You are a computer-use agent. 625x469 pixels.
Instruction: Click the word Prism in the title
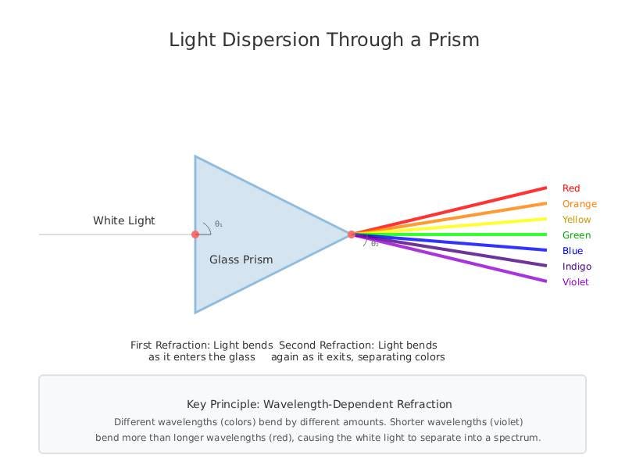pos(454,40)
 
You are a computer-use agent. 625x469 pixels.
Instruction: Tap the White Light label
pos(124,220)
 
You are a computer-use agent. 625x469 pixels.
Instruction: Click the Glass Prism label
pos(241,260)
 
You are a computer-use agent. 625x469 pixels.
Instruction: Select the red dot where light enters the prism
pos(195,234)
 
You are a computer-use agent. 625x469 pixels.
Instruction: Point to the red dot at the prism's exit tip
pos(351,234)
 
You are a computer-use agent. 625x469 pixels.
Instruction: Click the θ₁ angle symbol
pos(219,224)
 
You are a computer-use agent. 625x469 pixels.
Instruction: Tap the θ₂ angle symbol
pos(375,244)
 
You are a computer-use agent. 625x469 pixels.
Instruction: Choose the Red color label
pos(571,188)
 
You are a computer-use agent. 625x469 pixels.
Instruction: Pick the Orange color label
pos(580,204)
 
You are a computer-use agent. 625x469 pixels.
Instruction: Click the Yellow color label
pos(577,220)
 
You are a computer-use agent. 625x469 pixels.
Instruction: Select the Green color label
pos(577,235)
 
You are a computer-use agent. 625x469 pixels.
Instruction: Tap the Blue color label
pos(573,251)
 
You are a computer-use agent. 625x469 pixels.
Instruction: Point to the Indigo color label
pos(577,267)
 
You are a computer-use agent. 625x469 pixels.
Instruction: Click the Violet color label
pos(576,282)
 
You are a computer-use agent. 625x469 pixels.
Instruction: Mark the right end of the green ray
pos(546,234)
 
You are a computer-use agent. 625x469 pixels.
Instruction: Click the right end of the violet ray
pos(546,281)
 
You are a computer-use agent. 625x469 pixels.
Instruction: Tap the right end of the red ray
pos(546,188)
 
